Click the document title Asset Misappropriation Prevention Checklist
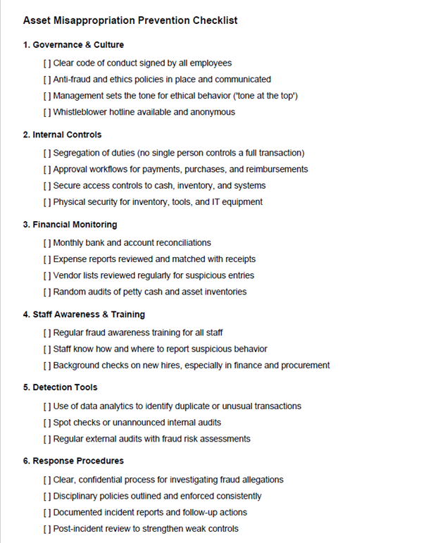[x=130, y=20]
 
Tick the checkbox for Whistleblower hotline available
[x=47, y=112]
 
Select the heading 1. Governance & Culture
[x=73, y=44]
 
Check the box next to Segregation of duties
[x=47, y=153]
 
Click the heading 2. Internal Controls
[x=62, y=135]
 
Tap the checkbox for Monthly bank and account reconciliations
[x=47, y=243]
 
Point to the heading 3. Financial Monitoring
[x=70, y=225]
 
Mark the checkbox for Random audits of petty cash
[x=47, y=292]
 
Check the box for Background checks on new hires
[x=47, y=366]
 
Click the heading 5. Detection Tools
[x=61, y=387]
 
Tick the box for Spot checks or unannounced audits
[x=47, y=423]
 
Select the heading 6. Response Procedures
[x=73, y=461]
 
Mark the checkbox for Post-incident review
[x=47, y=529]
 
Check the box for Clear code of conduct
[x=47, y=63]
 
